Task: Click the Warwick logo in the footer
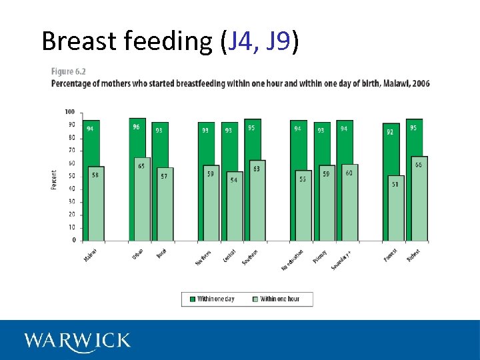pyautogui.click(x=77, y=341)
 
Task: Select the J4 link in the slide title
pyautogui.click(x=241, y=41)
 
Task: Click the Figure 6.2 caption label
pyautogui.click(x=69, y=71)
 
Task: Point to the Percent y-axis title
pyautogui.click(x=54, y=179)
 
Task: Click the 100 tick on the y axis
pyautogui.click(x=70, y=111)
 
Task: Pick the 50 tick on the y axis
pyautogui.click(x=71, y=176)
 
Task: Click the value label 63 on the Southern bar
pyautogui.click(x=257, y=169)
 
